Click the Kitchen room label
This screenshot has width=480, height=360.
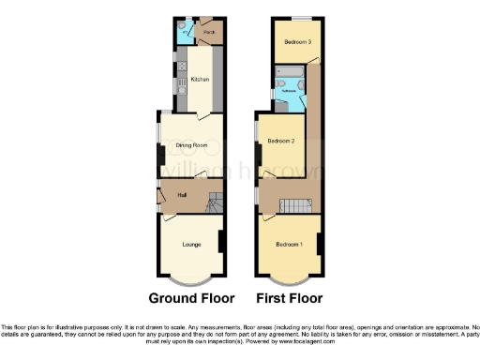coord(200,80)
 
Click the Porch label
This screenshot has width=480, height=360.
coord(207,30)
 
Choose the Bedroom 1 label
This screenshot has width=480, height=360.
coord(288,245)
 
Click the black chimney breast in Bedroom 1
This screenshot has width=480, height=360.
coord(321,247)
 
